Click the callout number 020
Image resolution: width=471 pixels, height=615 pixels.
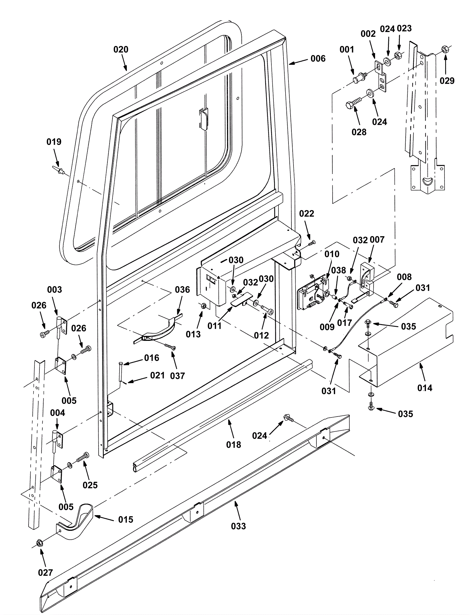point(121,49)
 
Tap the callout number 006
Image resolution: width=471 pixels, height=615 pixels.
point(318,59)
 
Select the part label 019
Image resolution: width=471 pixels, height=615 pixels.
point(54,142)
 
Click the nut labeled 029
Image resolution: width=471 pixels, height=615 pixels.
point(445,49)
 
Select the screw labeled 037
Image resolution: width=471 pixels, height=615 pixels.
point(171,347)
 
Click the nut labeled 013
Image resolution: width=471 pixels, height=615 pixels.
point(203,306)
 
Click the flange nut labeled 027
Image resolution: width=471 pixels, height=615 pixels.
point(39,543)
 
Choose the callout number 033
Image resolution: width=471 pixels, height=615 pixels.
point(238,526)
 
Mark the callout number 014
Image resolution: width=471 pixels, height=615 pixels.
point(425,388)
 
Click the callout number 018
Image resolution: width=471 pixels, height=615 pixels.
point(233,445)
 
